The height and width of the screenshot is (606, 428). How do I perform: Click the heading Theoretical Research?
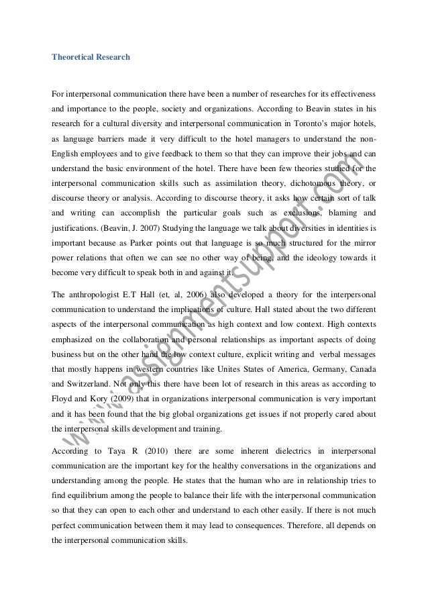[91, 57]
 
